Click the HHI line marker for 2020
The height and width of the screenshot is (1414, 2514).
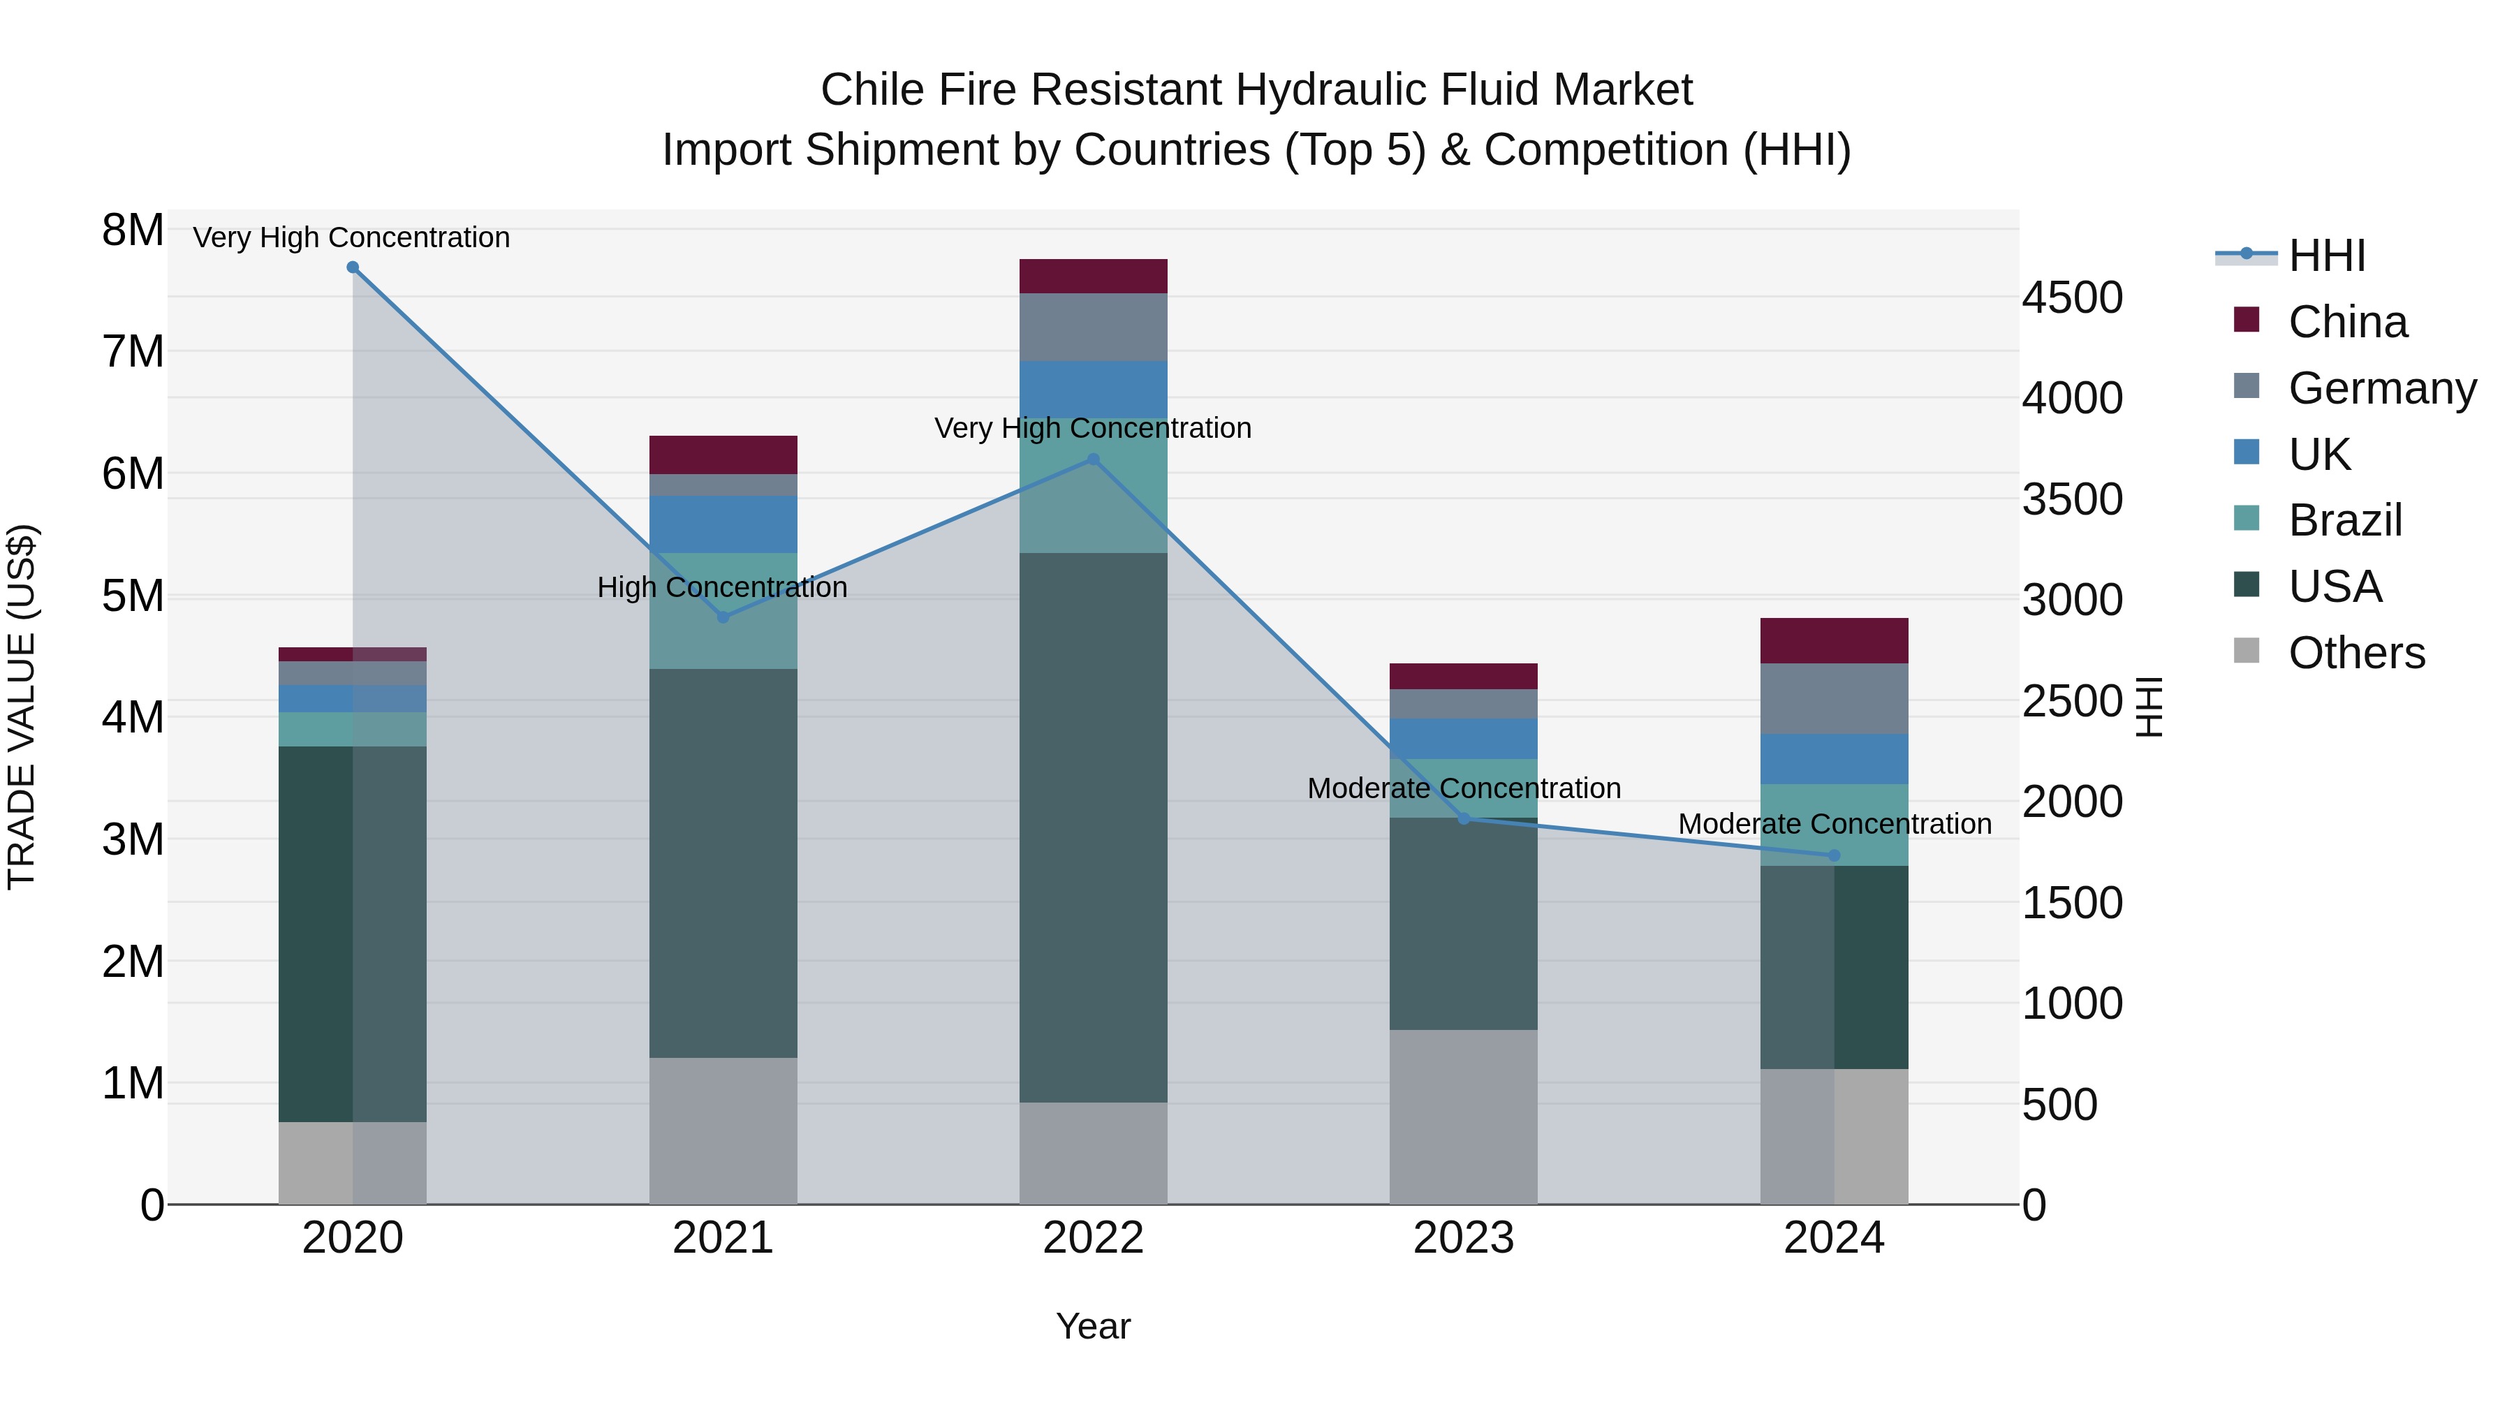pos(353,267)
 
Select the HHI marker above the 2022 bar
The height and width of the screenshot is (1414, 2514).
pos(1093,459)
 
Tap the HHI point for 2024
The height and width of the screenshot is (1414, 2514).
pos(1834,856)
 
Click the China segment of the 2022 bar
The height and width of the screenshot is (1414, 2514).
pos(1093,276)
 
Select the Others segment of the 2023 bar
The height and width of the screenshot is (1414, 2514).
pos(1463,1117)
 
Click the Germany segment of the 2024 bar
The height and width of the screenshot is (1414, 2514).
pos(1834,699)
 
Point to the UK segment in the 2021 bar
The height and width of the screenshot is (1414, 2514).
pos(723,524)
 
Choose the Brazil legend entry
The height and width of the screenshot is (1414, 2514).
pos(2344,520)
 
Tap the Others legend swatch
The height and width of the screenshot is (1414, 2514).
pos(2246,651)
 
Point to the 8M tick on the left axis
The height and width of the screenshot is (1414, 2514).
pos(133,230)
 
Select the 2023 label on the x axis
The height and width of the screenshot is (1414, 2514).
pos(1463,1238)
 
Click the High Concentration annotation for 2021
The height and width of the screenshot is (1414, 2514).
pos(722,587)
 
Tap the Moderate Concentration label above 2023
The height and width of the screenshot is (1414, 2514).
pos(1463,788)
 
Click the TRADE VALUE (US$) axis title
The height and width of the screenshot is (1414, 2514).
pos(22,707)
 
